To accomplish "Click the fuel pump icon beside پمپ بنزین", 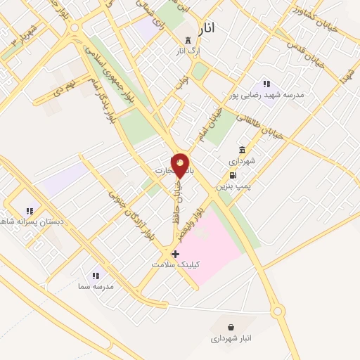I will click(233, 175).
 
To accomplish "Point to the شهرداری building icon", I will click(243, 150).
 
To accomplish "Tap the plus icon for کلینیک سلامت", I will click(175, 253).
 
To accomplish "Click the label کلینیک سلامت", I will click(176, 264).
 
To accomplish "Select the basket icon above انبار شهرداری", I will click(232, 327).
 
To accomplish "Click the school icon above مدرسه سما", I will click(96, 276).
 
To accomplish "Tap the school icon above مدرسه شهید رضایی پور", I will click(266, 84).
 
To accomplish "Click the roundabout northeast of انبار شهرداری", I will click(278, 310).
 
